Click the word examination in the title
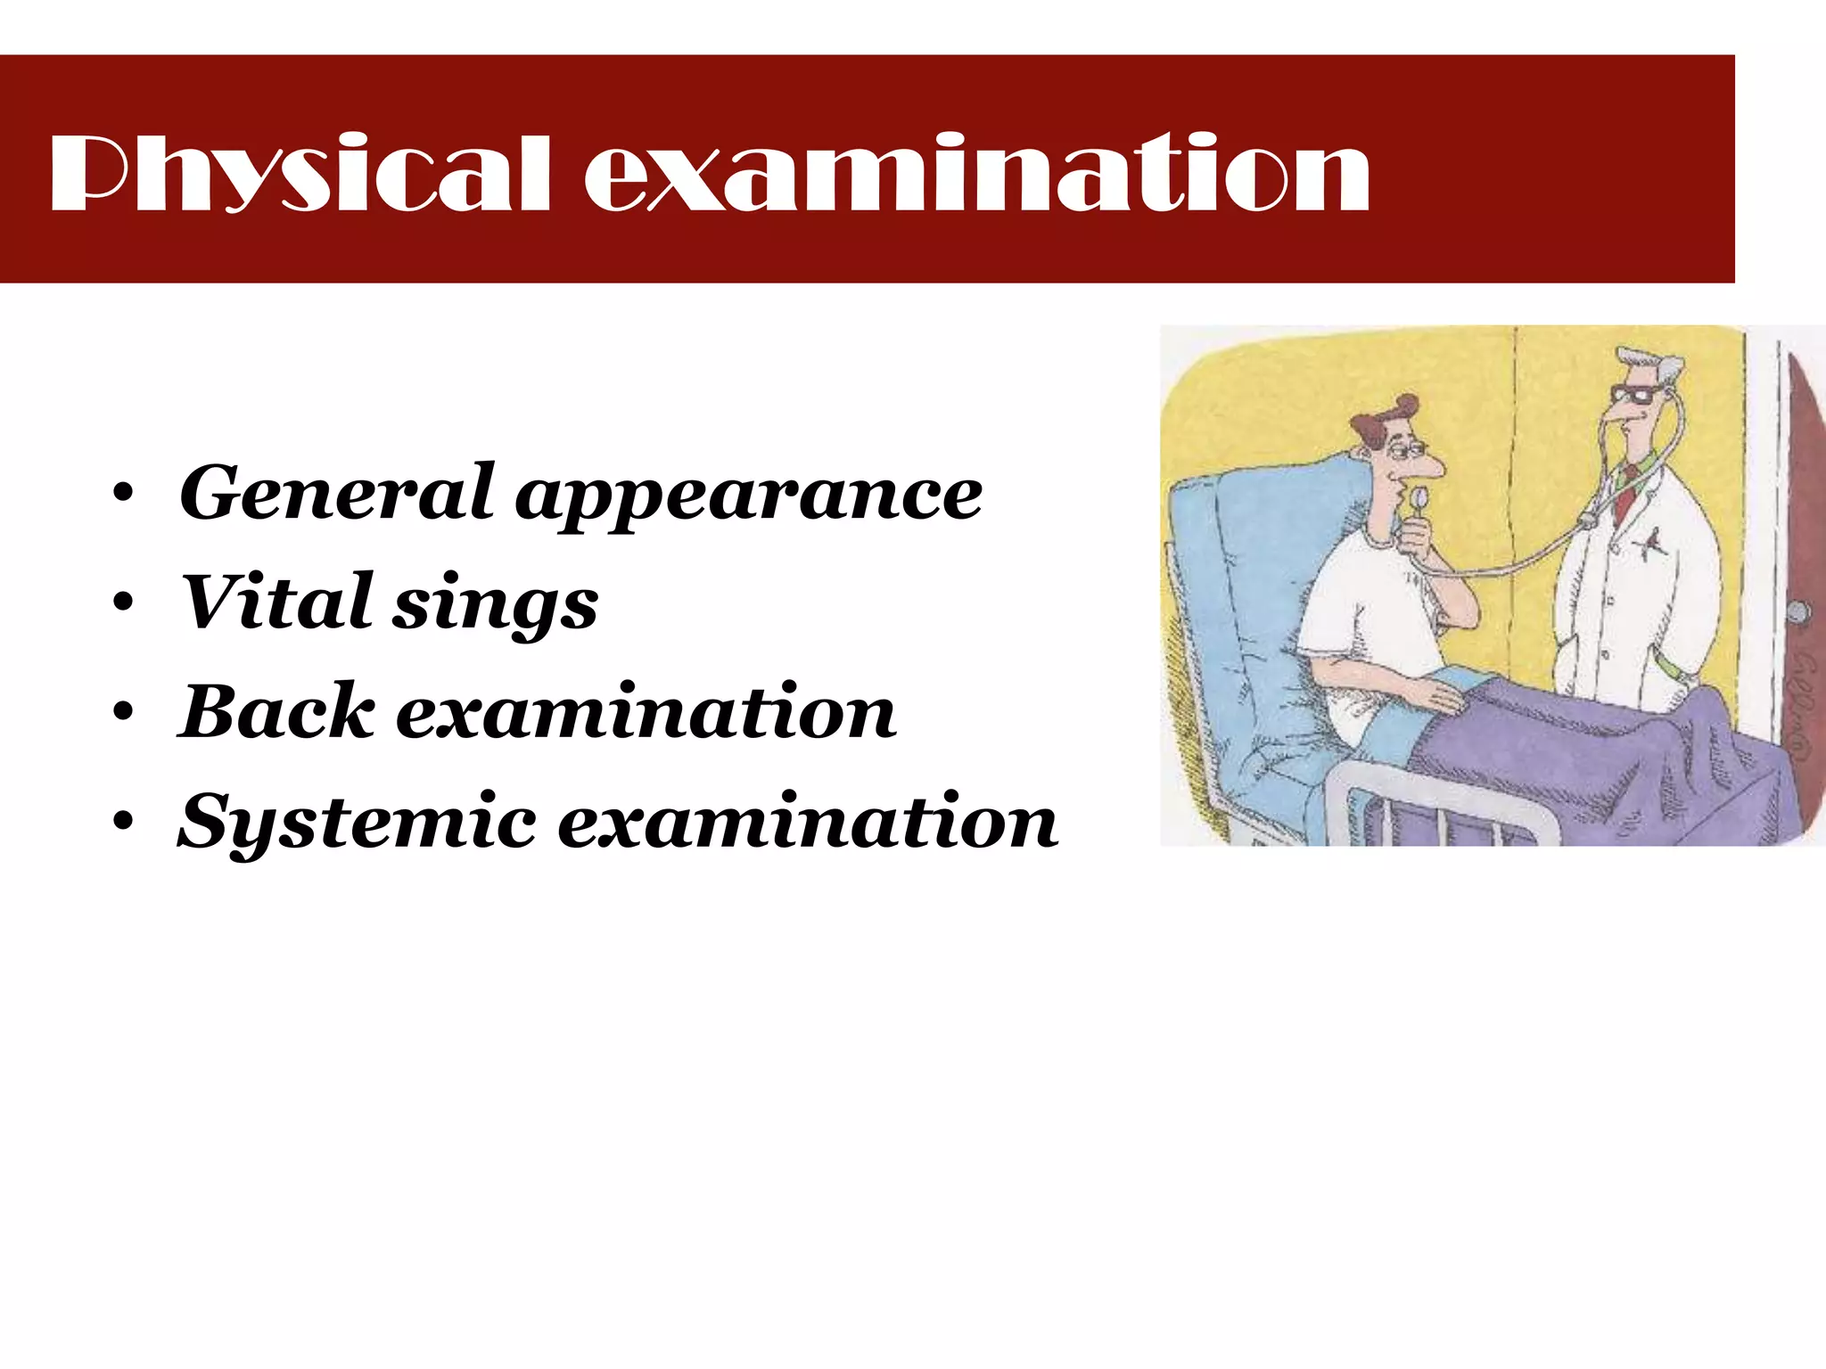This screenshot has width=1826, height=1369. coord(976,174)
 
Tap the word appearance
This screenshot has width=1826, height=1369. coord(749,497)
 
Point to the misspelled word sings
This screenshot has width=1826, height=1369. coord(496,606)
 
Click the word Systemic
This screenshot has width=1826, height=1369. coord(357,822)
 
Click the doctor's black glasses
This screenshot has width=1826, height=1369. coord(1637,393)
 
